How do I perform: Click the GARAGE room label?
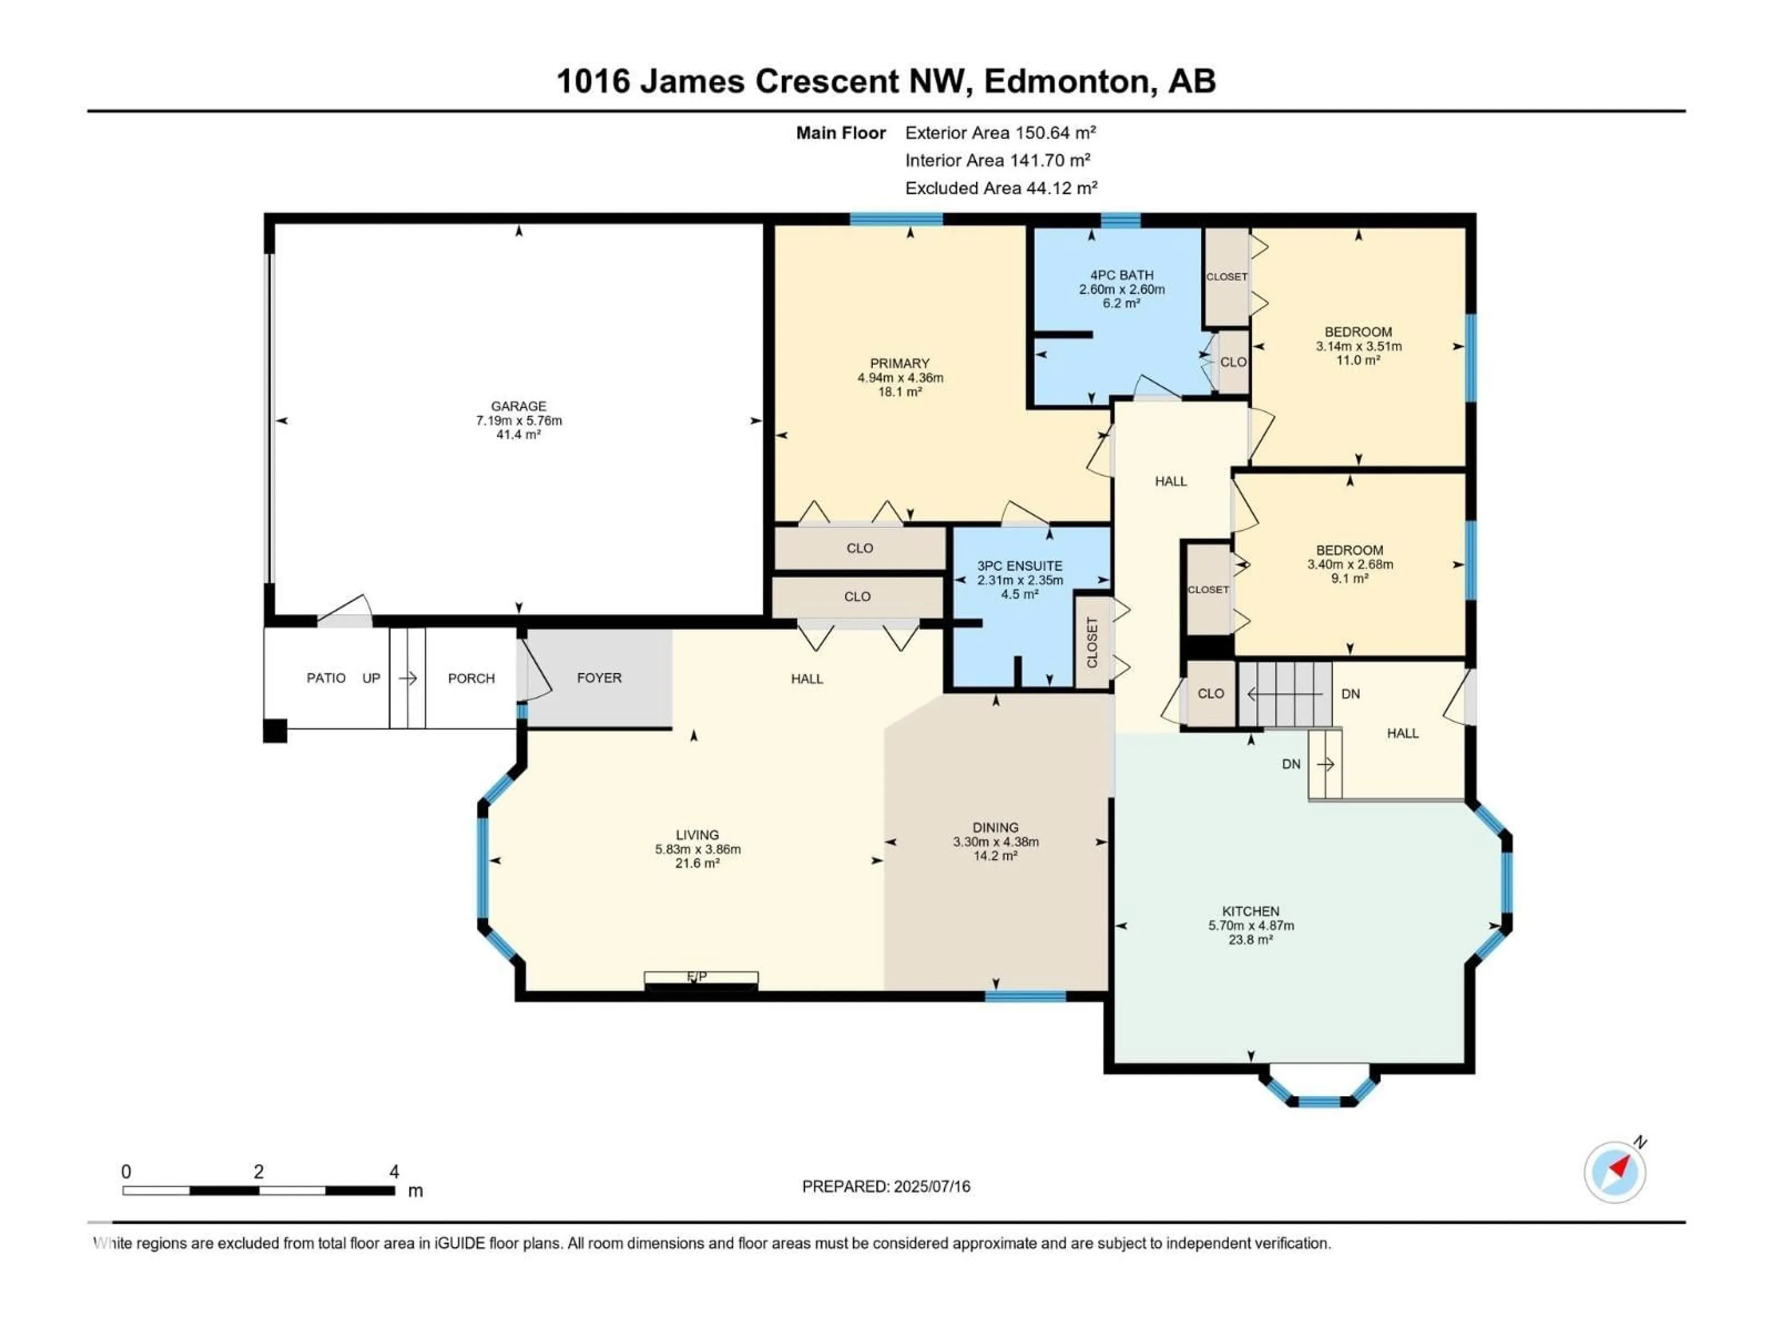pyautogui.click(x=519, y=406)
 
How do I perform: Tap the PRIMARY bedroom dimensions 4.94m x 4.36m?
pyautogui.click(x=900, y=378)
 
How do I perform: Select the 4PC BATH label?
pyautogui.click(x=1121, y=275)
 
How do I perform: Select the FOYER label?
pyautogui.click(x=599, y=678)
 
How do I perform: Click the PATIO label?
pyautogui.click(x=326, y=678)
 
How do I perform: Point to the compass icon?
pyautogui.click(x=1615, y=1172)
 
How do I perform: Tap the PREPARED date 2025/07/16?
pyautogui.click(x=931, y=1186)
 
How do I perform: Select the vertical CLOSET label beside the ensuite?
pyautogui.click(x=1092, y=642)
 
